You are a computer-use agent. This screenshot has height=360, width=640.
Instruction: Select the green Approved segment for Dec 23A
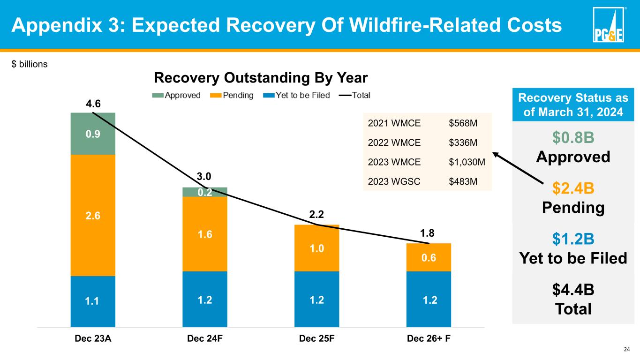tap(93, 134)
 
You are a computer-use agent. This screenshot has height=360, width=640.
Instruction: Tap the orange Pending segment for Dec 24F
tap(204, 233)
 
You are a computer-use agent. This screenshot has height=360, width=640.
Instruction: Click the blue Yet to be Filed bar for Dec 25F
tap(316, 299)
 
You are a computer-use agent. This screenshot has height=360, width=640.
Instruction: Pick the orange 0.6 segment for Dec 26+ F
tap(429, 257)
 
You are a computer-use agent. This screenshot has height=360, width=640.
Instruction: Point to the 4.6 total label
tap(93, 103)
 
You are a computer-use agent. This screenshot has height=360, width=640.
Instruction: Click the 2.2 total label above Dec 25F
tap(316, 215)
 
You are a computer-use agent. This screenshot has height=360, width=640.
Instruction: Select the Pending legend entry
tap(232, 95)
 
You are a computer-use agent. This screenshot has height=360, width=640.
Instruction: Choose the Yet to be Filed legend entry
tap(301, 95)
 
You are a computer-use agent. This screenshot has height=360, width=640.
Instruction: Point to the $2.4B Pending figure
tap(573, 188)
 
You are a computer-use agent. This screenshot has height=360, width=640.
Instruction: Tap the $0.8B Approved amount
tap(573, 138)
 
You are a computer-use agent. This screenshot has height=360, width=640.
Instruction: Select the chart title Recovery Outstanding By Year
tap(261, 77)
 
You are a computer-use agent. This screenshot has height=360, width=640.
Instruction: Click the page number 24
tap(625, 349)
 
